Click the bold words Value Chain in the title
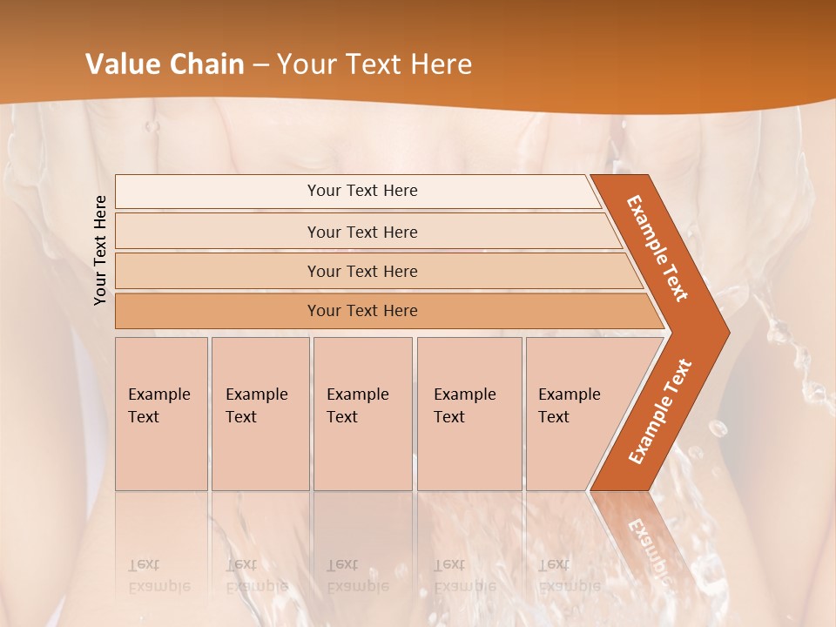pos(165,64)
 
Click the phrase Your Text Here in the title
pos(374,64)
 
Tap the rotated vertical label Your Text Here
pos(100,250)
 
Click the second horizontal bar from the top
pos(361,232)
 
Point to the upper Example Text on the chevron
pos(657,248)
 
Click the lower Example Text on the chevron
pos(660,411)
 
